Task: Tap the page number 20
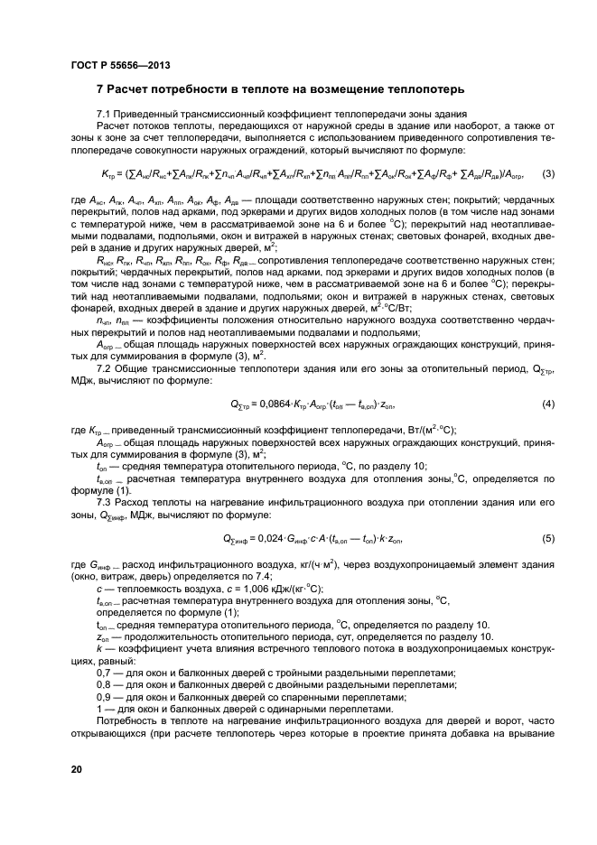(78, 768)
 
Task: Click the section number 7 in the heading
(100, 90)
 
